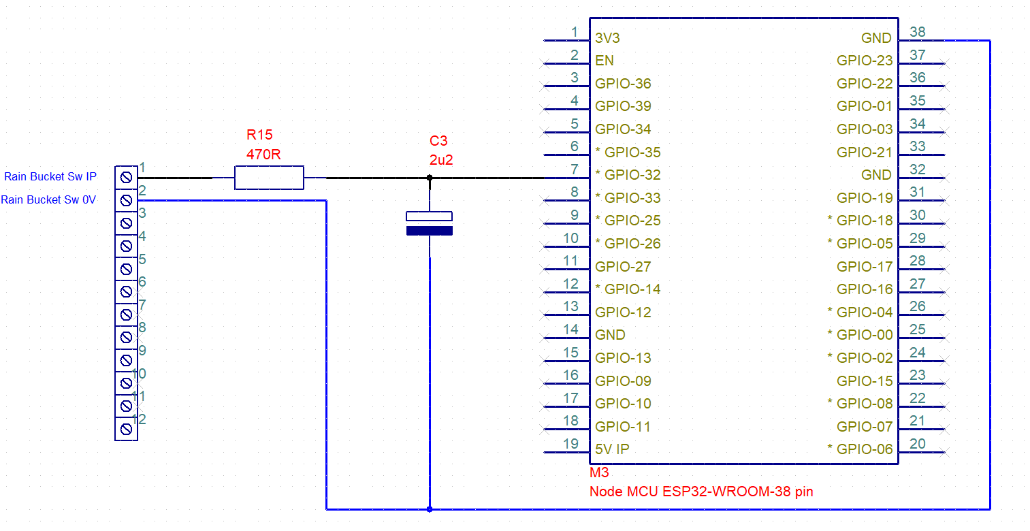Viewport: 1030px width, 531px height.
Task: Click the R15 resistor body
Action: point(269,178)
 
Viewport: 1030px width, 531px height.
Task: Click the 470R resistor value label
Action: point(263,155)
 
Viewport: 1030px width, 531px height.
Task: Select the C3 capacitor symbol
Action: point(429,224)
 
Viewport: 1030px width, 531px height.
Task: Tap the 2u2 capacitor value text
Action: point(441,161)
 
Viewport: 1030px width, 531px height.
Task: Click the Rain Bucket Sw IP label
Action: point(50,177)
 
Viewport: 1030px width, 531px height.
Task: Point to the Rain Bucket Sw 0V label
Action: point(48,200)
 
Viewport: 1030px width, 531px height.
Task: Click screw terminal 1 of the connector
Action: point(126,178)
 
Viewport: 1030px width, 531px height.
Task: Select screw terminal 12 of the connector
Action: point(126,429)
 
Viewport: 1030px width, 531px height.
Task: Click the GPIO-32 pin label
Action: point(628,175)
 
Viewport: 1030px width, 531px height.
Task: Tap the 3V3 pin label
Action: point(607,38)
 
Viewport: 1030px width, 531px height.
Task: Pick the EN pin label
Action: point(604,61)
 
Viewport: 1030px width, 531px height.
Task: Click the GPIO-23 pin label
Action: point(865,61)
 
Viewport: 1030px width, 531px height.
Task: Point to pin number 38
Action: point(917,32)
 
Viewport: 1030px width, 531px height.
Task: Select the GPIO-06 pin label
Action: point(860,449)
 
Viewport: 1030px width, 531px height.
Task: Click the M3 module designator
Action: point(599,472)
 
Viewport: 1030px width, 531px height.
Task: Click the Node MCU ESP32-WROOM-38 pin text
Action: point(701,491)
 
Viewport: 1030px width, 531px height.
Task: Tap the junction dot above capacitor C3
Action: point(429,178)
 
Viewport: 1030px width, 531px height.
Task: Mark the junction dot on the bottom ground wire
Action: point(429,509)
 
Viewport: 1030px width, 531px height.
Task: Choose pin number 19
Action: point(570,443)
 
